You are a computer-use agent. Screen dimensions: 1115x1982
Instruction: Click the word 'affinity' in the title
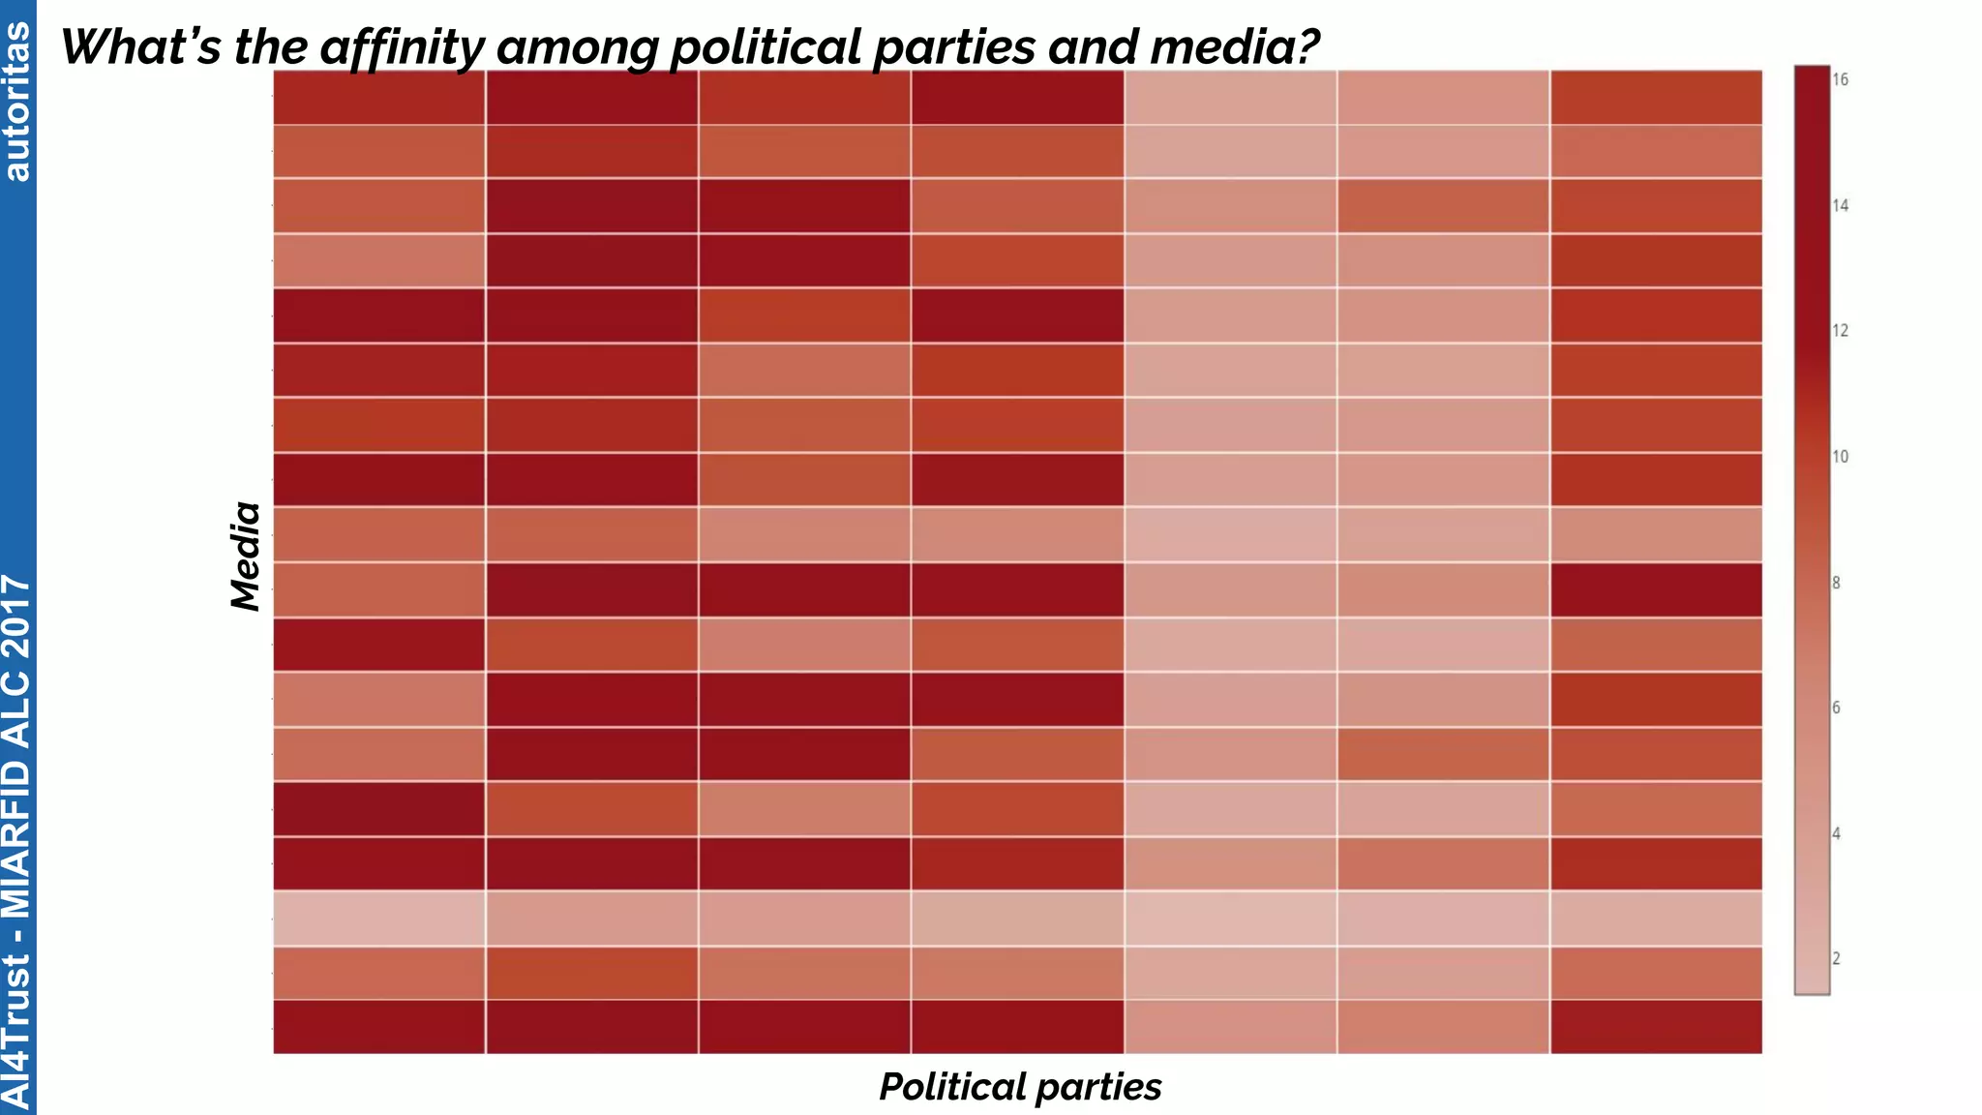coord(403,47)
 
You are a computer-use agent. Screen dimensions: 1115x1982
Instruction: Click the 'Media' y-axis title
coord(246,557)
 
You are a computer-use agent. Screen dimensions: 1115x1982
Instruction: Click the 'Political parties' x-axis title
coord(1020,1087)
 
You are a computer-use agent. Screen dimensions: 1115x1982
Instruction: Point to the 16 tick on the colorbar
coord(1840,79)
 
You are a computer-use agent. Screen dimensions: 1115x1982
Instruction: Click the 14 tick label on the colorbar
coord(1840,205)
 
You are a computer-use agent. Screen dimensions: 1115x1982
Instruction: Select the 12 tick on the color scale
coord(1840,331)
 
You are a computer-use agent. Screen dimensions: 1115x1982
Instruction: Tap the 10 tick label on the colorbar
coord(1840,457)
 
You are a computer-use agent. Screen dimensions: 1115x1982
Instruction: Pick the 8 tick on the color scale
coord(1836,583)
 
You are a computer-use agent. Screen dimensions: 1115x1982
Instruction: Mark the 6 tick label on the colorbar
coord(1836,708)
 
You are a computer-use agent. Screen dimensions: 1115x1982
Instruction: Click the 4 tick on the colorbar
coord(1836,833)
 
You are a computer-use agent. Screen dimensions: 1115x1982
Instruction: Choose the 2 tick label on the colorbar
coord(1836,959)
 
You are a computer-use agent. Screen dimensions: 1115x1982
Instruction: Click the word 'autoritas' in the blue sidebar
coord(17,102)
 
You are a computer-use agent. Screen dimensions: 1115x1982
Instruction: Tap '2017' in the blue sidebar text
coord(17,616)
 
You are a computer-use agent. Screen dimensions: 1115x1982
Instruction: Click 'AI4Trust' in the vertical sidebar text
coord(17,1031)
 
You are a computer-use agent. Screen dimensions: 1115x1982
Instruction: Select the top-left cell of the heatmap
coord(378,97)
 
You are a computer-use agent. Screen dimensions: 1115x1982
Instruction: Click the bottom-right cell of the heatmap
coord(1656,1027)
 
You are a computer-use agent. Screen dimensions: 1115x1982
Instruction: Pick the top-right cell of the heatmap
coord(1656,97)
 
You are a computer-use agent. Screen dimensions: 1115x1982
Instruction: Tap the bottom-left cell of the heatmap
coord(378,1027)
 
